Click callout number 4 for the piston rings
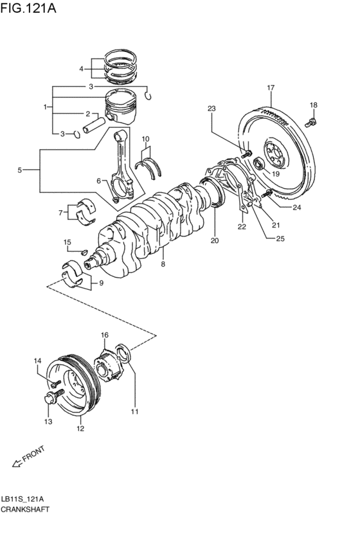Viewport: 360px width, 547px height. pyautogui.click(x=82, y=69)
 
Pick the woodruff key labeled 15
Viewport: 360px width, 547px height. pyautogui.click(x=83, y=250)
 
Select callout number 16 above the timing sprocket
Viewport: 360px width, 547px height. pyautogui.click(x=105, y=335)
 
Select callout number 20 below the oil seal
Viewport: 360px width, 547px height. pyautogui.click(x=215, y=241)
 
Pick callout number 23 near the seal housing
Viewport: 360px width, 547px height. pyautogui.click(x=212, y=109)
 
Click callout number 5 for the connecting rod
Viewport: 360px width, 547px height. pyautogui.click(x=19, y=170)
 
